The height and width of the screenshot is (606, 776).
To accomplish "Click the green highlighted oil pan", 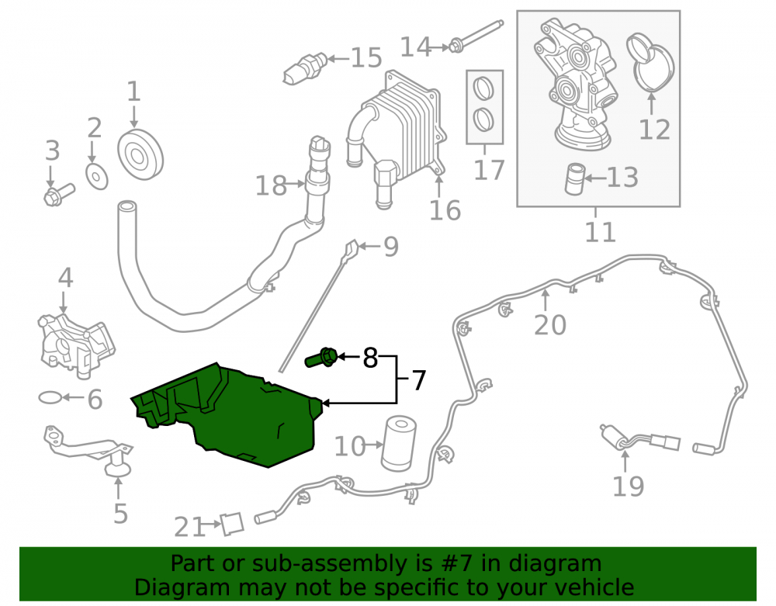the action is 233,416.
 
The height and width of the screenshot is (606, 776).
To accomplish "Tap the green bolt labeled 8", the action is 321,357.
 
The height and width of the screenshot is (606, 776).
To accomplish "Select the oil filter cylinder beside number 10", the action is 398,443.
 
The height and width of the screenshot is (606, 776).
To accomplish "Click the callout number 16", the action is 445,210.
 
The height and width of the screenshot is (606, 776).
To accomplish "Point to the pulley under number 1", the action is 140,155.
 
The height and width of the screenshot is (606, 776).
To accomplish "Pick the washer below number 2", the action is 97,176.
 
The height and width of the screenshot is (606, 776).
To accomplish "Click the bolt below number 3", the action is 58,195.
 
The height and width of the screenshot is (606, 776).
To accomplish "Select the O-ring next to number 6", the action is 50,397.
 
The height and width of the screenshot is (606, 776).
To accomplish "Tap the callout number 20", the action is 550,325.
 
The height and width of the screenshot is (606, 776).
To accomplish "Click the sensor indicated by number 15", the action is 305,68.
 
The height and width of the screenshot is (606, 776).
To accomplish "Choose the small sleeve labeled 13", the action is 575,178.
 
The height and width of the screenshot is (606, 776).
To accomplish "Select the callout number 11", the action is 601,231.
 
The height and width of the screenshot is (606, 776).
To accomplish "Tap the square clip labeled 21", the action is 231,524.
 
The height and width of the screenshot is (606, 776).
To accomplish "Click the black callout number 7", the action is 419,380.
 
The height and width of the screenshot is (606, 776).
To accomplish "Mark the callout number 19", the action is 628,486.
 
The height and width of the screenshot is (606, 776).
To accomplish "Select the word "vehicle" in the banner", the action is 594,587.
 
